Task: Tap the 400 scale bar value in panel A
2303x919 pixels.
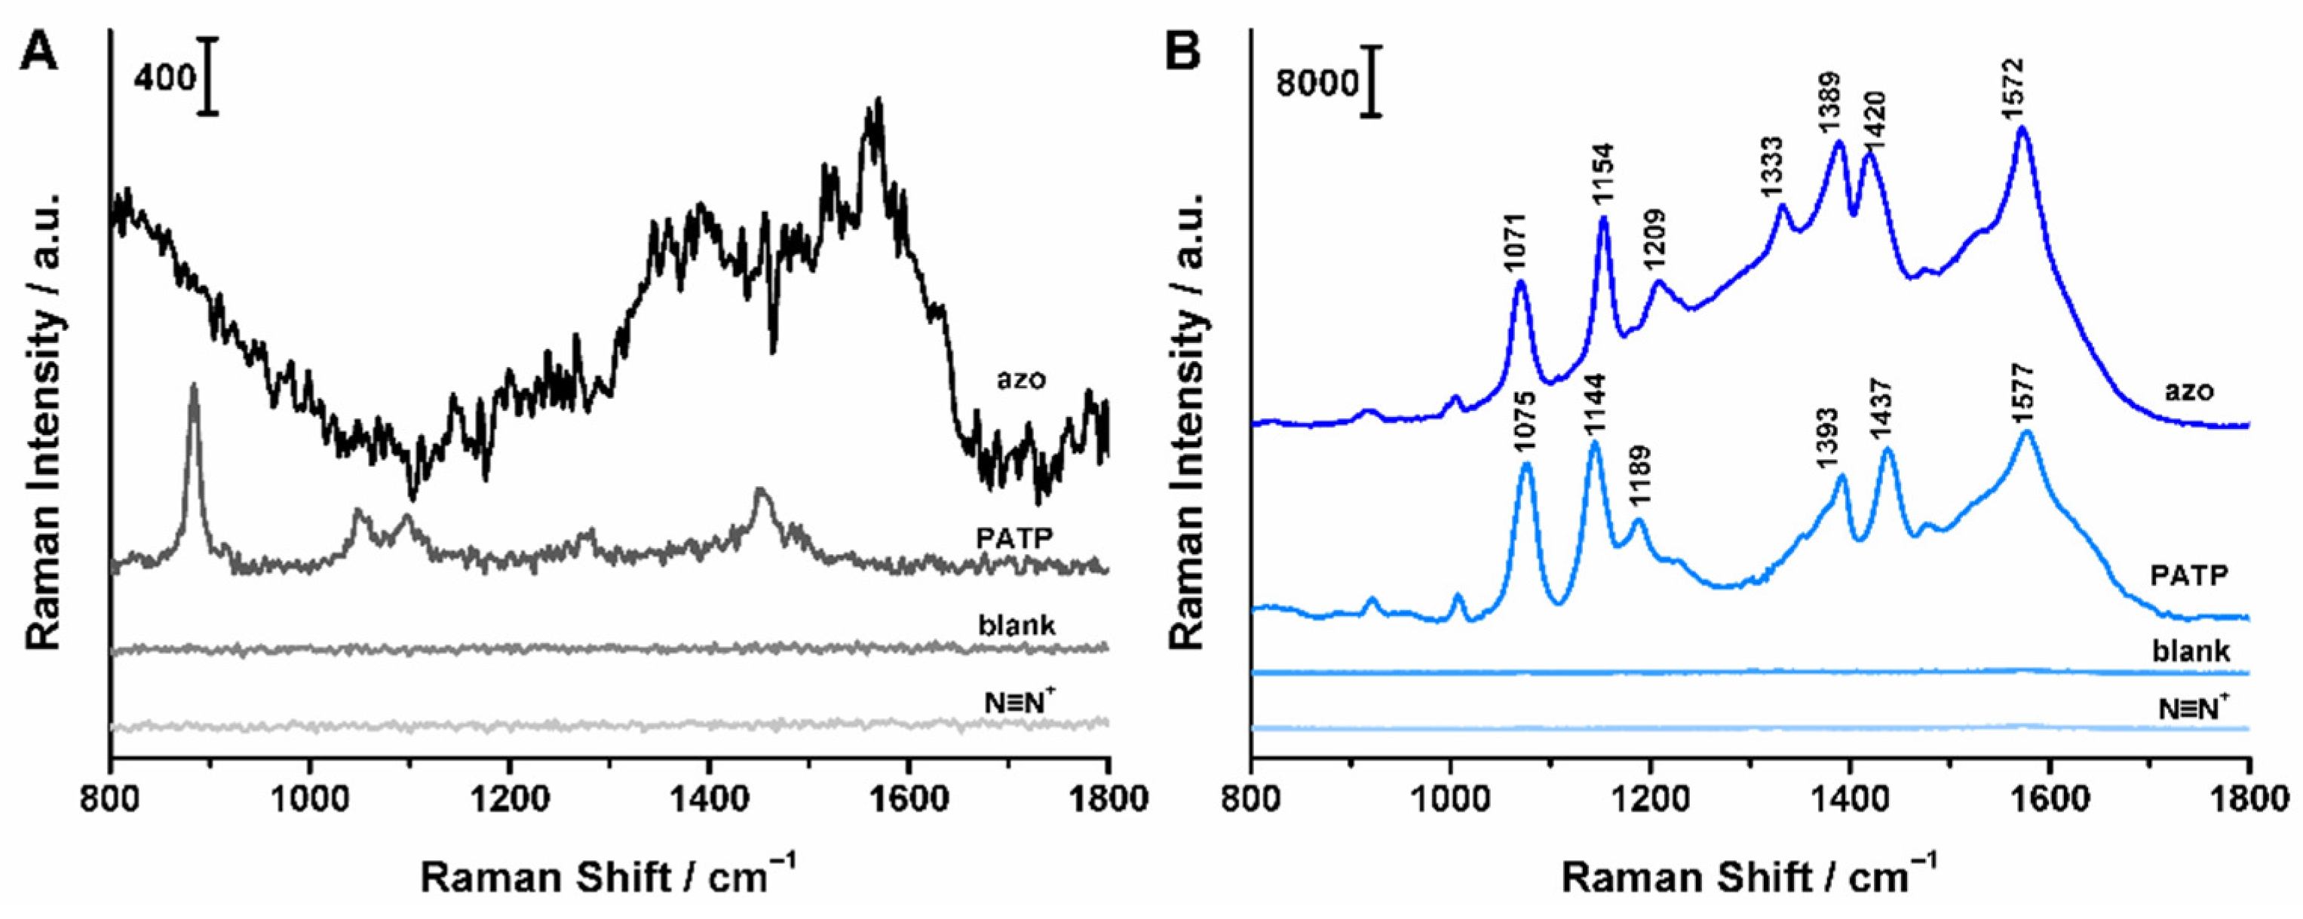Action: (x=164, y=78)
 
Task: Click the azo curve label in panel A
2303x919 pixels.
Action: (x=1021, y=379)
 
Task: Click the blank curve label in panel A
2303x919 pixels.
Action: (x=1017, y=624)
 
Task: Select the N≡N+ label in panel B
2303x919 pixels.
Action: (x=2193, y=709)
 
